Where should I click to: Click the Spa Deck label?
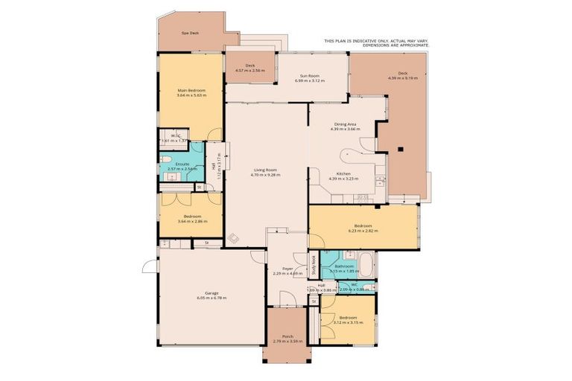[191, 33]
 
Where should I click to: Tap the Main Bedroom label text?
[191, 90]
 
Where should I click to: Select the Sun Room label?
[311, 75]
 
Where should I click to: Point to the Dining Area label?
[345, 124]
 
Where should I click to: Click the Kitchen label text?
[344, 173]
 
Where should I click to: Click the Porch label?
[287, 336]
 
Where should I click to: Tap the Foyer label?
[287, 268]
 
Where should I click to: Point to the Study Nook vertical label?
[314, 265]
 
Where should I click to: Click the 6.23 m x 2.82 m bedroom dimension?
[363, 231]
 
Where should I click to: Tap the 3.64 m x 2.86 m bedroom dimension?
[191, 222]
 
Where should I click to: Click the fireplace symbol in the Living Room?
[234, 239]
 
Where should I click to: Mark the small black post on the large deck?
[401, 147]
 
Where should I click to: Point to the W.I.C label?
[176, 135]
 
